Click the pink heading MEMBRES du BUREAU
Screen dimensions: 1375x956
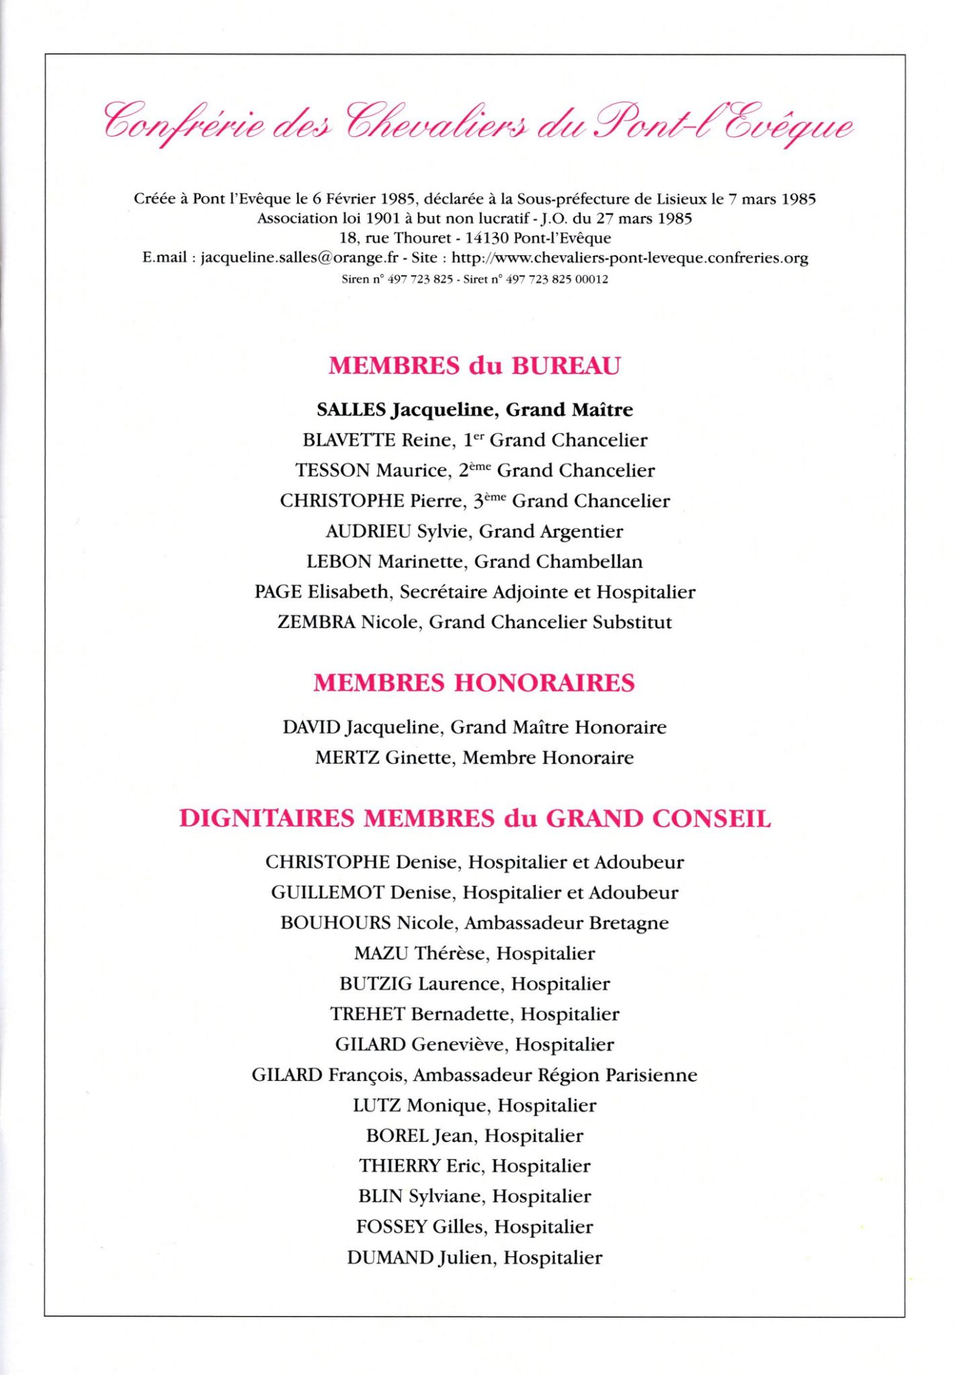(x=475, y=366)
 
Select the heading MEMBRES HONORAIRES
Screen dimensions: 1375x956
(x=474, y=683)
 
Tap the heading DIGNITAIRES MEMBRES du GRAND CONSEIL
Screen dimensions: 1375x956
(x=475, y=819)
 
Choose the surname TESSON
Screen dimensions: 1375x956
(x=332, y=471)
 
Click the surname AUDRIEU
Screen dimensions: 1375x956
(x=368, y=532)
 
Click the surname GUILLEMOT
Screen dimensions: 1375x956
(x=328, y=893)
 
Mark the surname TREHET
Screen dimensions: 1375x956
(x=367, y=1014)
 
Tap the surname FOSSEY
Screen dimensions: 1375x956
(x=391, y=1227)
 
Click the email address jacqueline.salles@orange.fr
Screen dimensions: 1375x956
(x=299, y=258)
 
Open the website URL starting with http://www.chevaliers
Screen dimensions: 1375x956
(x=630, y=258)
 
